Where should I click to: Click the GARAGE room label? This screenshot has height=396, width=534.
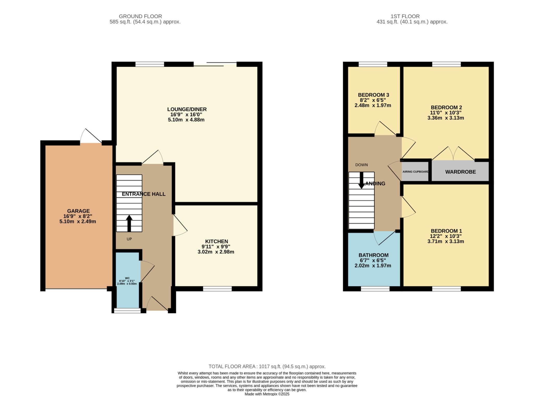point(78,211)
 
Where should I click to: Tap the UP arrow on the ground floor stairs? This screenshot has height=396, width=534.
point(129,223)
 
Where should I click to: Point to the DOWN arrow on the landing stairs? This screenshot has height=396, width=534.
point(361,180)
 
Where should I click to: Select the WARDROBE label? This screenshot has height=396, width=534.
point(460,172)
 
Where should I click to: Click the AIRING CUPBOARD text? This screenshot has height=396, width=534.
point(415,172)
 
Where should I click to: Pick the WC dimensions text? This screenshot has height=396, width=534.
point(127,282)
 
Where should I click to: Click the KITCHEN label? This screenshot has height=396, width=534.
point(216,241)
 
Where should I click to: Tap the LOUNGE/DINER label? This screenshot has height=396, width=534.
point(187,109)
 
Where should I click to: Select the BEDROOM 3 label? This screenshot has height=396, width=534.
point(373,95)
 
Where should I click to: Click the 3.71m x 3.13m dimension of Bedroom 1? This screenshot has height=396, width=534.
point(445,241)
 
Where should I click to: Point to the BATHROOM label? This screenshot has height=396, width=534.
point(373,255)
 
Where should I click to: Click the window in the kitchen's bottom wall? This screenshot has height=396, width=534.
point(217,288)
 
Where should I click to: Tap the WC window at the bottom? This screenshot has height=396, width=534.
point(127,310)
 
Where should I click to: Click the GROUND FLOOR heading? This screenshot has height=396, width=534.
point(140,16)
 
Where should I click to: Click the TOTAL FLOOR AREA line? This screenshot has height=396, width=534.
point(267,367)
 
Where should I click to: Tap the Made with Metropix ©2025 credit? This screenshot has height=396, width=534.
point(267,394)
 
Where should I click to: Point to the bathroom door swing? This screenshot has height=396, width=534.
point(383,238)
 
